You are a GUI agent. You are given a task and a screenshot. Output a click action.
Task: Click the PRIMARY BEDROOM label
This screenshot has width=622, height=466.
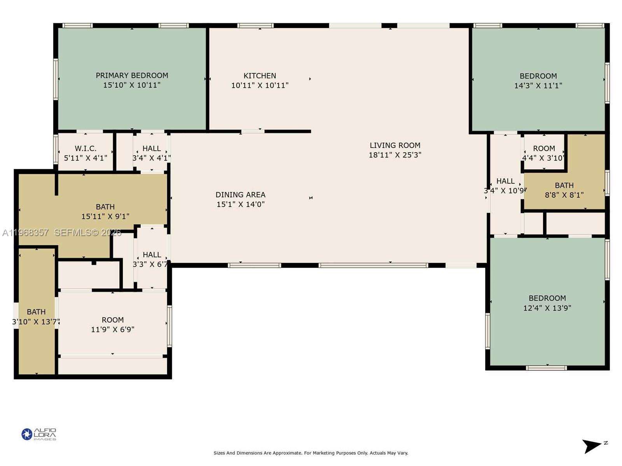pos(132,75)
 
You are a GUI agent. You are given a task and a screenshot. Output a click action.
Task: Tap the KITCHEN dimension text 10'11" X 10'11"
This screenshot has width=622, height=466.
pos(260,85)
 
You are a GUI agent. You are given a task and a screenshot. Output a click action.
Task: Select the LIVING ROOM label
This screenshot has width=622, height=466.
pos(395,145)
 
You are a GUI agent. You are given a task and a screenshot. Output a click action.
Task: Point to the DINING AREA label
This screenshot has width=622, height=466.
pos(240,195)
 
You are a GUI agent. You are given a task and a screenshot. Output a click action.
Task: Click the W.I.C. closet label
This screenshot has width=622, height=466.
pos(86,148)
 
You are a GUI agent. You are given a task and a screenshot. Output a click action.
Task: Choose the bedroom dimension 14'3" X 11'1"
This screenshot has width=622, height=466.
pos(538,85)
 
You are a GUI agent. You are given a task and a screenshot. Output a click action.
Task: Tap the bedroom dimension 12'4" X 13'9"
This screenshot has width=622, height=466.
pos(547,308)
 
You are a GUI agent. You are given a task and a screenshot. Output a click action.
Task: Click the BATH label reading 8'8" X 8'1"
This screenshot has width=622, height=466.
pos(564,186)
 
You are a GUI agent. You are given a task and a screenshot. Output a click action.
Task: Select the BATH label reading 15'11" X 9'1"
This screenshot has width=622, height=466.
pos(105,207)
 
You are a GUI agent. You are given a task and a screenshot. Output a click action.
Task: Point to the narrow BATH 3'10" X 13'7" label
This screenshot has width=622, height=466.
pos(36,312)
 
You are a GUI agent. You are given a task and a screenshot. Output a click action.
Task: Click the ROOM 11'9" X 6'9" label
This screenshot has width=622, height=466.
pos(112,320)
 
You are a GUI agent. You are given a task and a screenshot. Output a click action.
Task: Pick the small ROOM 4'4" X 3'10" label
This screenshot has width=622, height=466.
pos(544,148)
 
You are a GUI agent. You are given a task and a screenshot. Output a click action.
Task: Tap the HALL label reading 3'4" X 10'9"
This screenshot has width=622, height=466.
pos(505,181)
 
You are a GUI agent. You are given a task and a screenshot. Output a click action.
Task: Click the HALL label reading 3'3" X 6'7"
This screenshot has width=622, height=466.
pos(152,255)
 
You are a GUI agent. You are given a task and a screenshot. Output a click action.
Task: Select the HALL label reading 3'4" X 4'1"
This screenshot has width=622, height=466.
pos(152,148)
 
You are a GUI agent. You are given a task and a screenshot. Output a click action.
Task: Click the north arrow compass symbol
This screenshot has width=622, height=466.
pos(592,446)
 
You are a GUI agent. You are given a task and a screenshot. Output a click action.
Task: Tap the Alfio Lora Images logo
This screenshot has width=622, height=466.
pos(39,434)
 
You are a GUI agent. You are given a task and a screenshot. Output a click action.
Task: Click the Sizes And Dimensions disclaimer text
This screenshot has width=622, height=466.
pos(311,453)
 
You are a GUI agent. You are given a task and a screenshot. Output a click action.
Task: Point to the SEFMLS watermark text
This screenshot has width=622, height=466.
pos(87,233)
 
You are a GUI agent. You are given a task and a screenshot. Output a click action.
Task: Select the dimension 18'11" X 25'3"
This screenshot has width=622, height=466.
pos(395,155)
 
